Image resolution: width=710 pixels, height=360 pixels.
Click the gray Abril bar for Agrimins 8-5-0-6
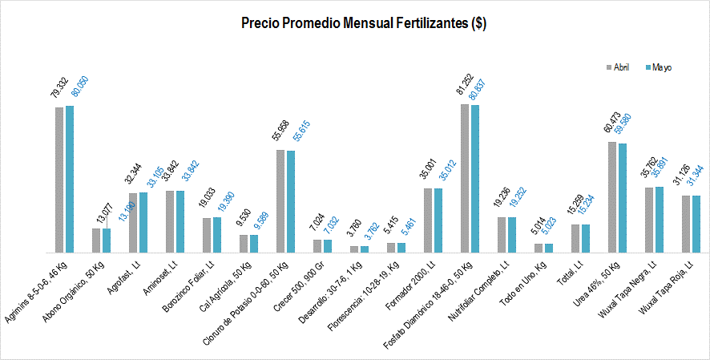[59, 180]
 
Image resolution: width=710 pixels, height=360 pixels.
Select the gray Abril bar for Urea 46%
[612, 197]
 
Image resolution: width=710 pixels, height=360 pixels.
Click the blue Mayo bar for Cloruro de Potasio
[290, 201]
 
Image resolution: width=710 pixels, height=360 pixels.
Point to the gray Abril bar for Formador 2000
[428, 220]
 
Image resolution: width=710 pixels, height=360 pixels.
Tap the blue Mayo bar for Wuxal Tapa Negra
[659, 220]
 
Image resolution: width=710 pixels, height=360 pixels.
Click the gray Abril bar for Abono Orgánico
[96, 241]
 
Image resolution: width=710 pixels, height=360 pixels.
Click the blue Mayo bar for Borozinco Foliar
[216, 235]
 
